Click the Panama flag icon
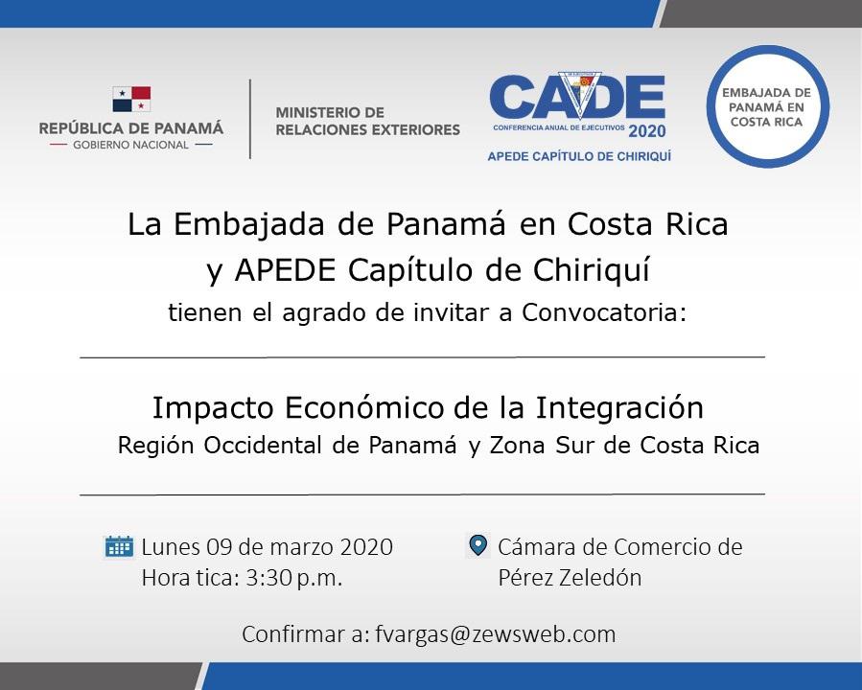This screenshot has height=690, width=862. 131,99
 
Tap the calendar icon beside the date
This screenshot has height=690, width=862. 119,546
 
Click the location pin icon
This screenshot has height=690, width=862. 478,545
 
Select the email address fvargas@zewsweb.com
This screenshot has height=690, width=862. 496,634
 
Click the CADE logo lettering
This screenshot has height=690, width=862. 578,97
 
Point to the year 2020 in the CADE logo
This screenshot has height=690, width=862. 647,131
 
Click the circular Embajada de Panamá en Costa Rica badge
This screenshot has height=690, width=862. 767,106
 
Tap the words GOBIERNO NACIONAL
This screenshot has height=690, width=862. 130,145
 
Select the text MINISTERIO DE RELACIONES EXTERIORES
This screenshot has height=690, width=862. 368,121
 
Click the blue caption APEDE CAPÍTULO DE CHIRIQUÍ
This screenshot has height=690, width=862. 579,156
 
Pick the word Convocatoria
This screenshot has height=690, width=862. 604,312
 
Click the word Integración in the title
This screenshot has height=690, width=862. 619,408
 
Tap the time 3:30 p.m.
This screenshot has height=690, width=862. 294,578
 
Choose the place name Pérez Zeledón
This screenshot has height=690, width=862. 571,577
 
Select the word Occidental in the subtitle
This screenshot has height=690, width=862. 263,445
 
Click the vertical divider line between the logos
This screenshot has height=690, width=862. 250,119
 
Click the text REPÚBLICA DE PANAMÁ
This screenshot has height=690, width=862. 131,128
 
